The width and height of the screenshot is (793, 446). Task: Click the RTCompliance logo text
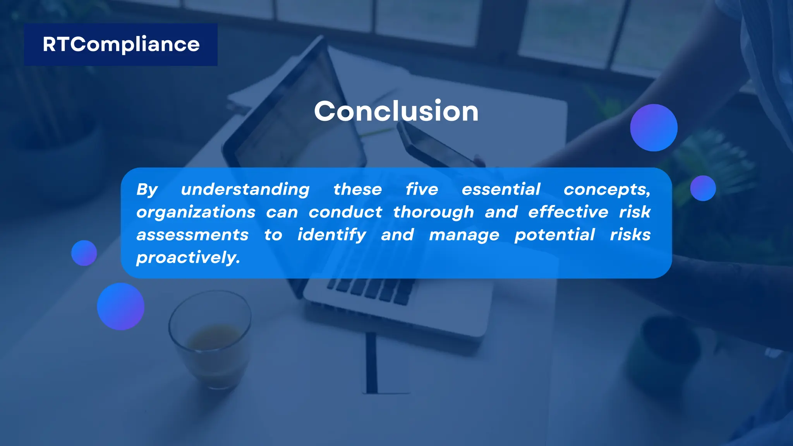coord(121,45)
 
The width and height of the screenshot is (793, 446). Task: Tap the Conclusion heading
coord(396,111)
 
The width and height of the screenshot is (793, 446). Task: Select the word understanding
coord(245,189)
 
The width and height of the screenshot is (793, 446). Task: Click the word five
coord(422,189)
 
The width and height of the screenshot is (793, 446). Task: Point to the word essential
coord(501,189)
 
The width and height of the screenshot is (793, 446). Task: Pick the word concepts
coord(606,189)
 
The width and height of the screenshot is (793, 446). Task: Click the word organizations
coord(196,212)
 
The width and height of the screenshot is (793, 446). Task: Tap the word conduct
coord(345,212)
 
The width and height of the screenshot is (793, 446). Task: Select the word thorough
coord(433,212)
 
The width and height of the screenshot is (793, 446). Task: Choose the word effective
coord(568,212)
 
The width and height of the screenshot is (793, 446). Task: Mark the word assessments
coord(192,235)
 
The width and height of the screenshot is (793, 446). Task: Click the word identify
coord(331,235)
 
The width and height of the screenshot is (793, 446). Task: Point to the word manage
coord(464,235)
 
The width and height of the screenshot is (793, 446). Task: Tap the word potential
coord(554,235)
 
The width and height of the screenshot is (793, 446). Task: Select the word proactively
coord(188,257)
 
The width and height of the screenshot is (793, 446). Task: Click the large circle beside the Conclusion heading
coord(654,128)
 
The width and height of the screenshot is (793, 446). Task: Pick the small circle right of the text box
coord(703,188)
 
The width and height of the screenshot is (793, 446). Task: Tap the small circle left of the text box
coord(84,253)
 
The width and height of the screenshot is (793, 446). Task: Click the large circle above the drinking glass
coord(120,307)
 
